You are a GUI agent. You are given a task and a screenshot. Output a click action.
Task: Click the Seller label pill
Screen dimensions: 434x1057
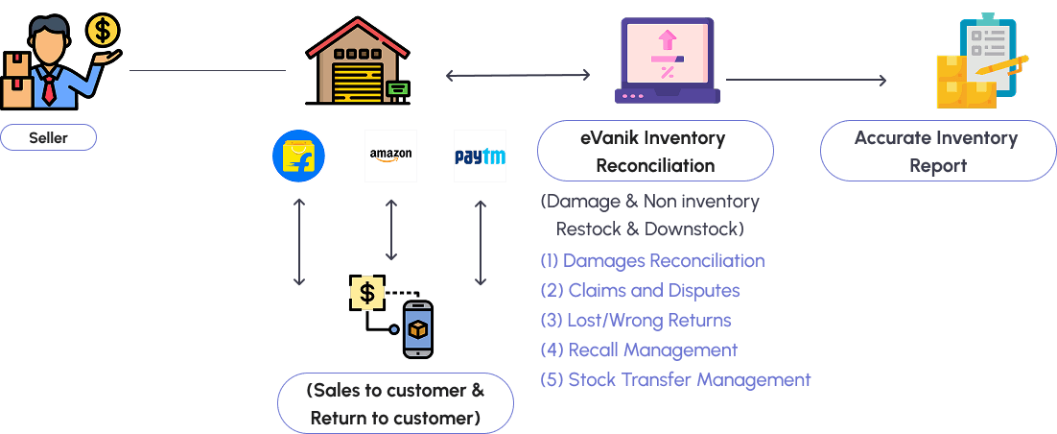[48, 137]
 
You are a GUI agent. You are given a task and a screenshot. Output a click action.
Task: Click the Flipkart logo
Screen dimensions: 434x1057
[298, 157]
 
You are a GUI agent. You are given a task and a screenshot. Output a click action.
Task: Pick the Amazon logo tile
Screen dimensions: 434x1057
[390, 156]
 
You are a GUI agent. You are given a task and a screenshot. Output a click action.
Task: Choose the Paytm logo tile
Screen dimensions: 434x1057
[480, 157]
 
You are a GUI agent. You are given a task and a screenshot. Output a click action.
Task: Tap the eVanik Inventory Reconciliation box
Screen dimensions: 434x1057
[655, 151]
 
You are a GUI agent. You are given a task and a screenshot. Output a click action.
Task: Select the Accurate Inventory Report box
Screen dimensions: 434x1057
[937, 151]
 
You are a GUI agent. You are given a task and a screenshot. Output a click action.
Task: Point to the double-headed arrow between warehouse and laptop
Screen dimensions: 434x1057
[518, 75]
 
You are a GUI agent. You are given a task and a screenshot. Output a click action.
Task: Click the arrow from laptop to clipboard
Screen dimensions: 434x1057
[806, 80]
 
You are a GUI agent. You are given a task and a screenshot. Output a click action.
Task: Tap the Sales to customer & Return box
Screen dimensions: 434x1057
[395, 403]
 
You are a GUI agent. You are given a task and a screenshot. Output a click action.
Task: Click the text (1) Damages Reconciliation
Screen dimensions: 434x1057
[652, 261]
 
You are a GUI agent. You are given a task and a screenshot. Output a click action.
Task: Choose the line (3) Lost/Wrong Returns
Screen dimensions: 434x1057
[635, 321]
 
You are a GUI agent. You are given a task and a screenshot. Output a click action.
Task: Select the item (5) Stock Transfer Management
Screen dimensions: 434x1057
[674, 379]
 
